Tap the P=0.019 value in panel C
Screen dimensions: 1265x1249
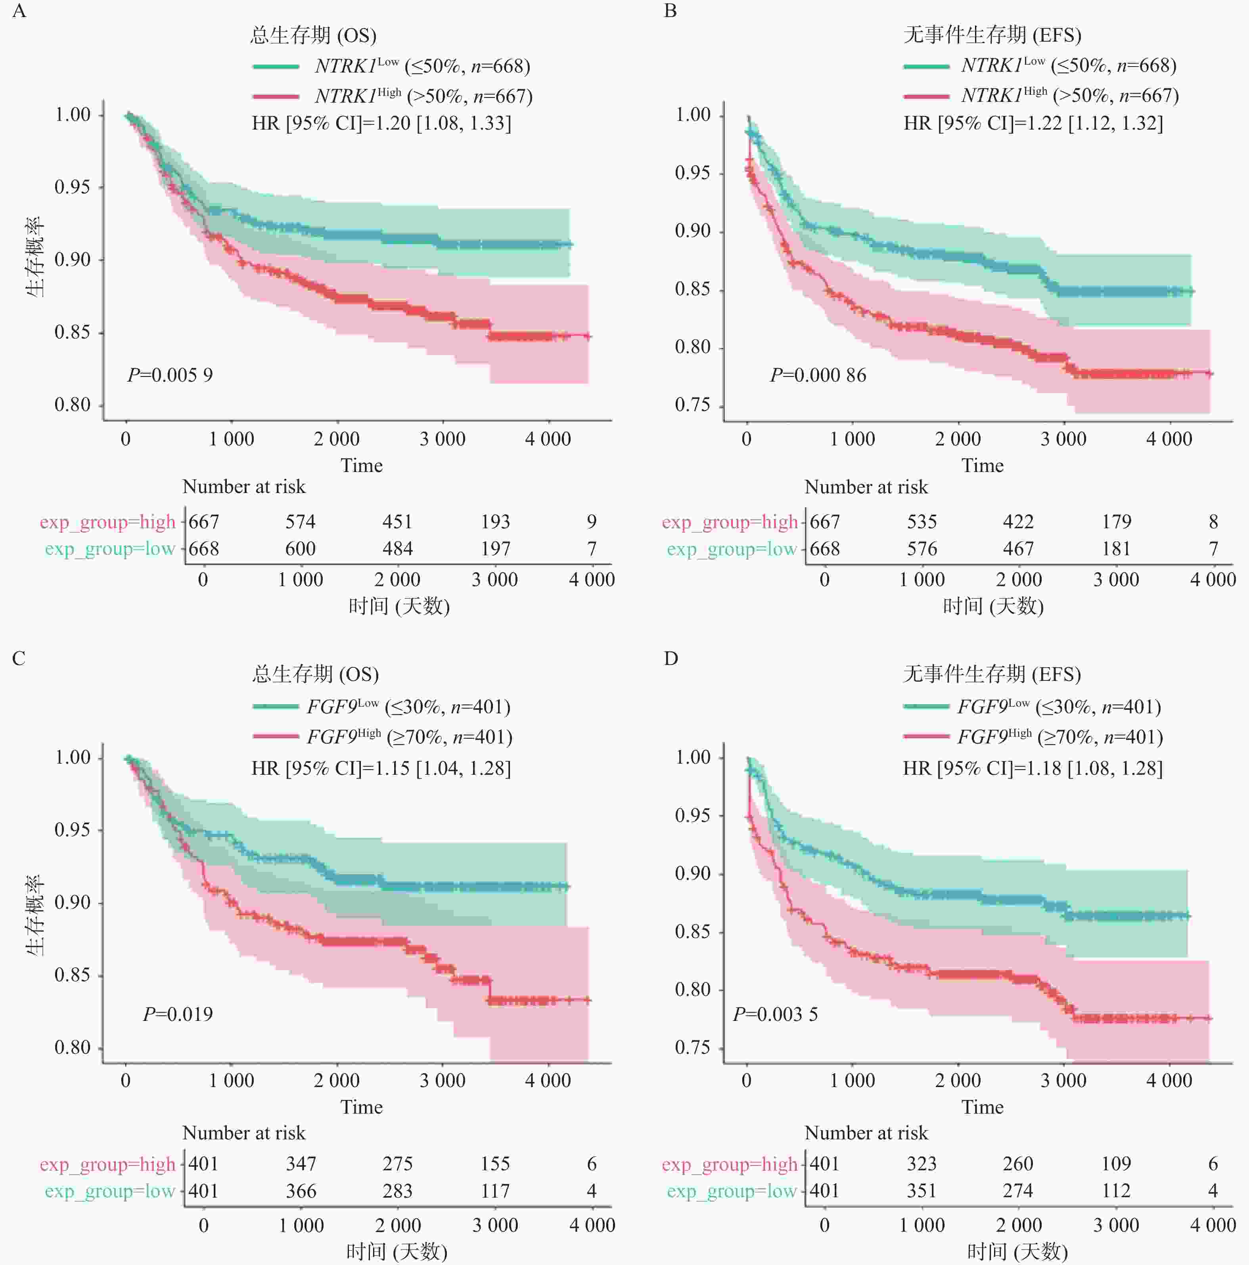click(178, 1014)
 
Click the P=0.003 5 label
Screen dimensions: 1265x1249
click(775, 1014)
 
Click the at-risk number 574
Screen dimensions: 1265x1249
click(300, 522)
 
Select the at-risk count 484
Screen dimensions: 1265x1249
click(398, 549)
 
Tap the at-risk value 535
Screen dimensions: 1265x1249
click(921, 522)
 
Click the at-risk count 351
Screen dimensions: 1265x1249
click(921, 1190)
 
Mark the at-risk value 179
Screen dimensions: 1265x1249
click(1116, 522)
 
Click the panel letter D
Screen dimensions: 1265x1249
click(670, 658)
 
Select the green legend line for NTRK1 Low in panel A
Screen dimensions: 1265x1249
click(276, 66)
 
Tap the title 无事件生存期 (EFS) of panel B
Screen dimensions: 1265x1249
click(992, 35)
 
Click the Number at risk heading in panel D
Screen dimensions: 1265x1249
click(866, 1133)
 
